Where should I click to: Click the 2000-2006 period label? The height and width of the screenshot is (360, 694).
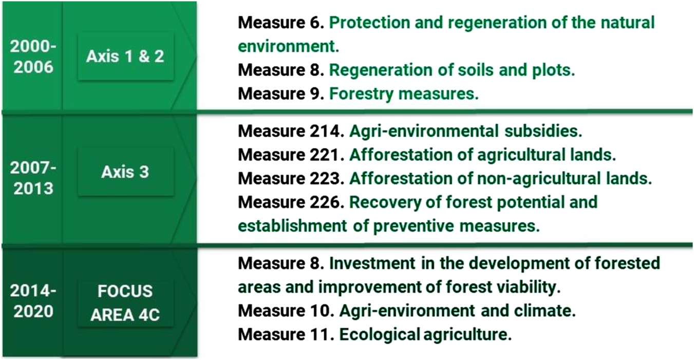33,56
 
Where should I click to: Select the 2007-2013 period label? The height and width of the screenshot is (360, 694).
33,178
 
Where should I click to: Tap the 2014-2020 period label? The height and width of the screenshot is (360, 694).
33,301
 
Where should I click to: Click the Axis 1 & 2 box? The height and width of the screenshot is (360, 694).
125,56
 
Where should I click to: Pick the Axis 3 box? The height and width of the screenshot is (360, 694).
125,172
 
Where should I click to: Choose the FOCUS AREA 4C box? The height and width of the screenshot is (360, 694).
125,303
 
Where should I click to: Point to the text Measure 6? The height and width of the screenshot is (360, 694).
281,23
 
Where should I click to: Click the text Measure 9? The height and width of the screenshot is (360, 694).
281,93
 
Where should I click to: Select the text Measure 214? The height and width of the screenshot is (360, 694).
291,131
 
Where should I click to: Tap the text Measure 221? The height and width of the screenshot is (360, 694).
291,155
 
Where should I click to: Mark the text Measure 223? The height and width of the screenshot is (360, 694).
291,178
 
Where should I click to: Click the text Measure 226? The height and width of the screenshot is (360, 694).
291,202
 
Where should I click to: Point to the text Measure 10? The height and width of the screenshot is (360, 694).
286,311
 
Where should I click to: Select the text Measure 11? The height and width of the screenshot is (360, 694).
286,334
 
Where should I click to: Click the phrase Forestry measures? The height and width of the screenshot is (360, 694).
404,94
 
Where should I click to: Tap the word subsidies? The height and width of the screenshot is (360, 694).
543,131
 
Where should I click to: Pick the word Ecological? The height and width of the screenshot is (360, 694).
380,335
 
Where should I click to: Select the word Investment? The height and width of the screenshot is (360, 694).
372,263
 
